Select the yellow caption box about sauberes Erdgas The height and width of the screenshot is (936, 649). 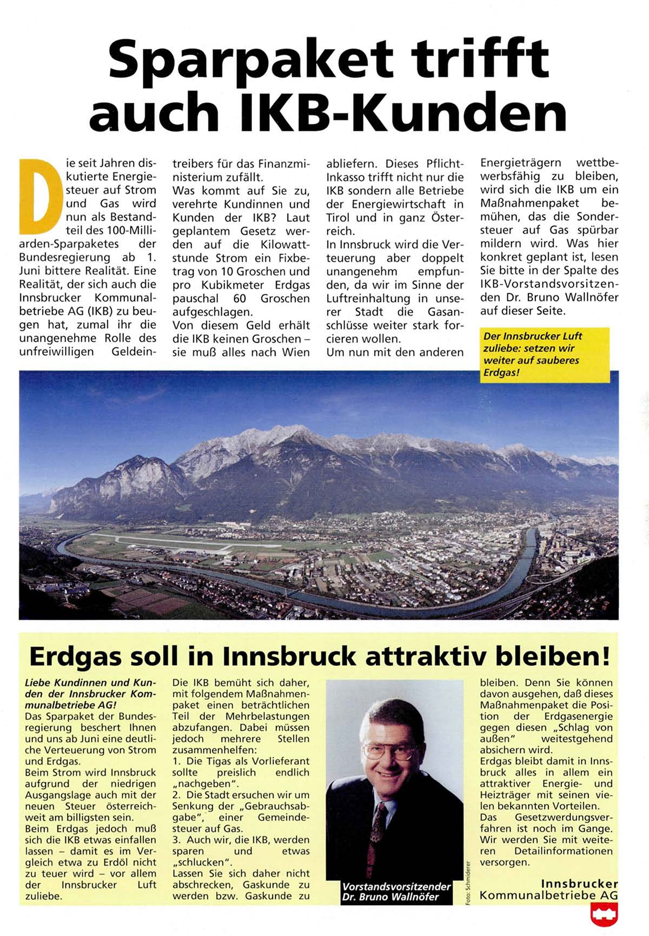pos(545,355)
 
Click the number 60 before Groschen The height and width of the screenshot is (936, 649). pos(239,298)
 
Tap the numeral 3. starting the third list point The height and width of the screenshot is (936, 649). pos(177,840)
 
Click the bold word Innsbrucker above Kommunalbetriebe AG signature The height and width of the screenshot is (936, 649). pos(579,884)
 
